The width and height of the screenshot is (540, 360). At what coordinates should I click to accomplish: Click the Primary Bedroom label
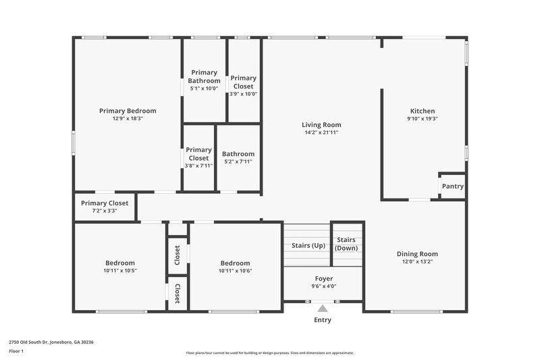pos(128,111)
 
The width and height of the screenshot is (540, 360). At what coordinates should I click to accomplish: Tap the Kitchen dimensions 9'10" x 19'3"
pos(423,119)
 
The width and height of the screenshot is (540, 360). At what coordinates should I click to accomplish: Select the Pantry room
pos(452,186)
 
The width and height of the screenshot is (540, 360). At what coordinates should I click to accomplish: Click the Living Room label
pos(321,124)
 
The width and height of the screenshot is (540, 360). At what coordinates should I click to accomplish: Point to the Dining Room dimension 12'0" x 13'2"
pos(421,262)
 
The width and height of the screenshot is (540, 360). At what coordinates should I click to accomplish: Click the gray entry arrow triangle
pos(322,308)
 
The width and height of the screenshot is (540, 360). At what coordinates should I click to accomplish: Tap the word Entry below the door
pos(323,319)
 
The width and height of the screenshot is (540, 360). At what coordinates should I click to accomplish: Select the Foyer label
pos(324,278)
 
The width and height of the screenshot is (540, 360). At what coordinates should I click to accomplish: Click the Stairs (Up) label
pos(308,245)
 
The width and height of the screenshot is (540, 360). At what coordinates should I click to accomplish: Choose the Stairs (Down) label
pos(347,244)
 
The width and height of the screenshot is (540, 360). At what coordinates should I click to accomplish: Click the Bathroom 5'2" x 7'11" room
pos(238,157)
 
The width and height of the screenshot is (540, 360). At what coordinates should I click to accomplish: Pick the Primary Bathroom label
pos(204,76)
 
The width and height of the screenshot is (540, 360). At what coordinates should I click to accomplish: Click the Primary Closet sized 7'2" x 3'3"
pos(105,207)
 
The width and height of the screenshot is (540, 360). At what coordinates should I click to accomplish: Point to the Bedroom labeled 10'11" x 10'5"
pos(119,267)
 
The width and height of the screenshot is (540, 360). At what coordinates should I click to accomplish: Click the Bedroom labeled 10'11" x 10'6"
pos(235,267)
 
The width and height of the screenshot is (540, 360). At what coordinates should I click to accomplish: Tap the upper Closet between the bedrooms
pos(177,255)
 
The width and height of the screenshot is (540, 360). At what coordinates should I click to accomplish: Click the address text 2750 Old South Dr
pos(51,342)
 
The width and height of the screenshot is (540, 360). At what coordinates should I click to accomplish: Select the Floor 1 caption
pos(16,351)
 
